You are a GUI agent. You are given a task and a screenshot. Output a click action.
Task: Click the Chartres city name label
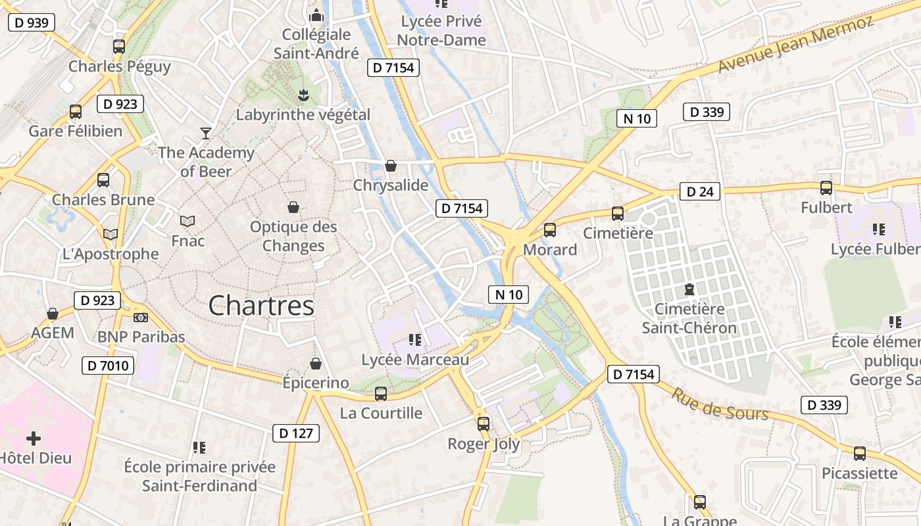[x=261, y=306]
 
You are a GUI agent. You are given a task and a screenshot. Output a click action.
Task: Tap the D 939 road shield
[x=31, y=22]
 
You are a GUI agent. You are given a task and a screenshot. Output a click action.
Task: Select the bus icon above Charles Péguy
[x=119, y=47]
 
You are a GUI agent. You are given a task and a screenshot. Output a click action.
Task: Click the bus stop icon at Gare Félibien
[x=76, y=112]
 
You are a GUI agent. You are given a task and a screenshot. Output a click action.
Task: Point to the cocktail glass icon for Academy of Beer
[x=206, y=133]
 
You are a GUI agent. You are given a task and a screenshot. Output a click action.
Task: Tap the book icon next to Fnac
[x=187, y=221]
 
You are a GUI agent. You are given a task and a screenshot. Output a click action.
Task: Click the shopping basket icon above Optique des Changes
[x=293, y=207]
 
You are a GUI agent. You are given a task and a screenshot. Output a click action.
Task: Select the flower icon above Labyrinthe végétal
[x=303, y=95]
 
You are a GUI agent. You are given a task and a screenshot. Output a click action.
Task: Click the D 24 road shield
[x=699, y=191]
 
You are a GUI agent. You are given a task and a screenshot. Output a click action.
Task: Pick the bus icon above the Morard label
[x=550, y=230]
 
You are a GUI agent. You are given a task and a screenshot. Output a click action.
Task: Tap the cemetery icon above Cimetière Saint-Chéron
[x=689, y=289]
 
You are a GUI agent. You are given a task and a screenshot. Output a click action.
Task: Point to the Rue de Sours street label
[x=719, y=404]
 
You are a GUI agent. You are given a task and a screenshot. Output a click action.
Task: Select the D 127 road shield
[x=296, y=433]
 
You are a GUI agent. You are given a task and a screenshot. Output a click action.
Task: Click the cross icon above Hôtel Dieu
[x=34, y=438]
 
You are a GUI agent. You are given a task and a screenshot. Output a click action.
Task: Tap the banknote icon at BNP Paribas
[x=141, y=318]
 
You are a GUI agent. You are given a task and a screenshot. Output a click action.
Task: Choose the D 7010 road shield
[x=108, y=366]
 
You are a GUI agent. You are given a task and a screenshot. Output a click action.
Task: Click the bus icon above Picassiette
[x=860, y=454]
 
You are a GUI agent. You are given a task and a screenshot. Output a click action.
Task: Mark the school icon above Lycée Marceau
[x=415, y=339]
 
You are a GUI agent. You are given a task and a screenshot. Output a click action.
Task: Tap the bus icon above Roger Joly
[x=484, y=424]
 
